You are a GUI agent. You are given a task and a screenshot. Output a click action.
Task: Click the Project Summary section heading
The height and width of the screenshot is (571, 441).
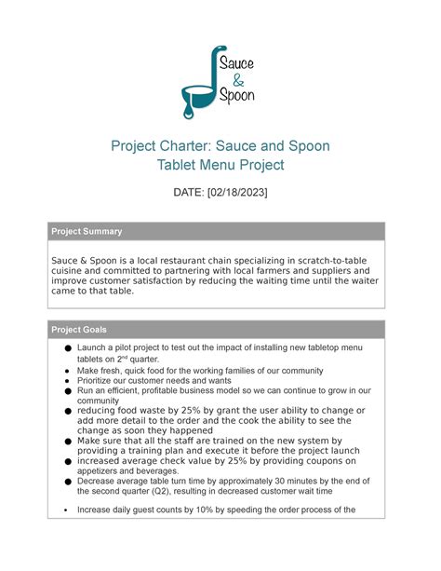point(87,231)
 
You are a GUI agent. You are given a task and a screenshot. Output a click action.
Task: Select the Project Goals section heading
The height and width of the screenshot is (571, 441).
point(79,330)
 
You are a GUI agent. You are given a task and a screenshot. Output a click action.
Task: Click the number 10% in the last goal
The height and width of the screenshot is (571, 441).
point(207,510)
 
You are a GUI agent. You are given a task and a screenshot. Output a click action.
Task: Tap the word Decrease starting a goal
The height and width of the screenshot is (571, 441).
point(101,482)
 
